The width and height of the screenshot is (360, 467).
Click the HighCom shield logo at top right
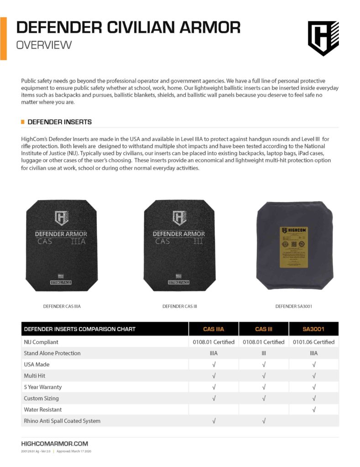pos(323,39)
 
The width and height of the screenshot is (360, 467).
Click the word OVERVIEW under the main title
pos(44,45)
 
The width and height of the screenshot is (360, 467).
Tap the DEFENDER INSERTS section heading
pos(59,122)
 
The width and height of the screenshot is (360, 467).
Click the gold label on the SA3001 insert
pos(294,246)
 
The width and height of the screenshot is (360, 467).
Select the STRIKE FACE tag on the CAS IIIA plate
pos(61,282)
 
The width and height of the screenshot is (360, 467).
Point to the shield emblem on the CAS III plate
pos(179,218)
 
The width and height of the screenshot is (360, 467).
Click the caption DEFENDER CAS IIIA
pos(62,306)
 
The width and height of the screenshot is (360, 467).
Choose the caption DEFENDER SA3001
pos(293,306)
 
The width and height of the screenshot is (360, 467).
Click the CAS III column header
pos(264,329)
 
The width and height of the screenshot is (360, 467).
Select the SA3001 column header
pos(313,329)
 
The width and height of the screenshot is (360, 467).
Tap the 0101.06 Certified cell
pos(313,342)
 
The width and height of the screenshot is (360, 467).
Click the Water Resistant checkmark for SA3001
pos(313,410)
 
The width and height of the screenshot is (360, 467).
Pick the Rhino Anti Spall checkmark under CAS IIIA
pos(214,421)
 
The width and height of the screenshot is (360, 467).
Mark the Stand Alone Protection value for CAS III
pos(264,353)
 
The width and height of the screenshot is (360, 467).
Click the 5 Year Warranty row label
pos(42,387)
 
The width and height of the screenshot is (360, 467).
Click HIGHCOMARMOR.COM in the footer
pos(55,444)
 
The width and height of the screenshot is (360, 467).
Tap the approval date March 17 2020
pos(79,451)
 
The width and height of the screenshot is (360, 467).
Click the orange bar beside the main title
pos(3,38)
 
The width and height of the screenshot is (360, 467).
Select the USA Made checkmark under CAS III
pos(264,364)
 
